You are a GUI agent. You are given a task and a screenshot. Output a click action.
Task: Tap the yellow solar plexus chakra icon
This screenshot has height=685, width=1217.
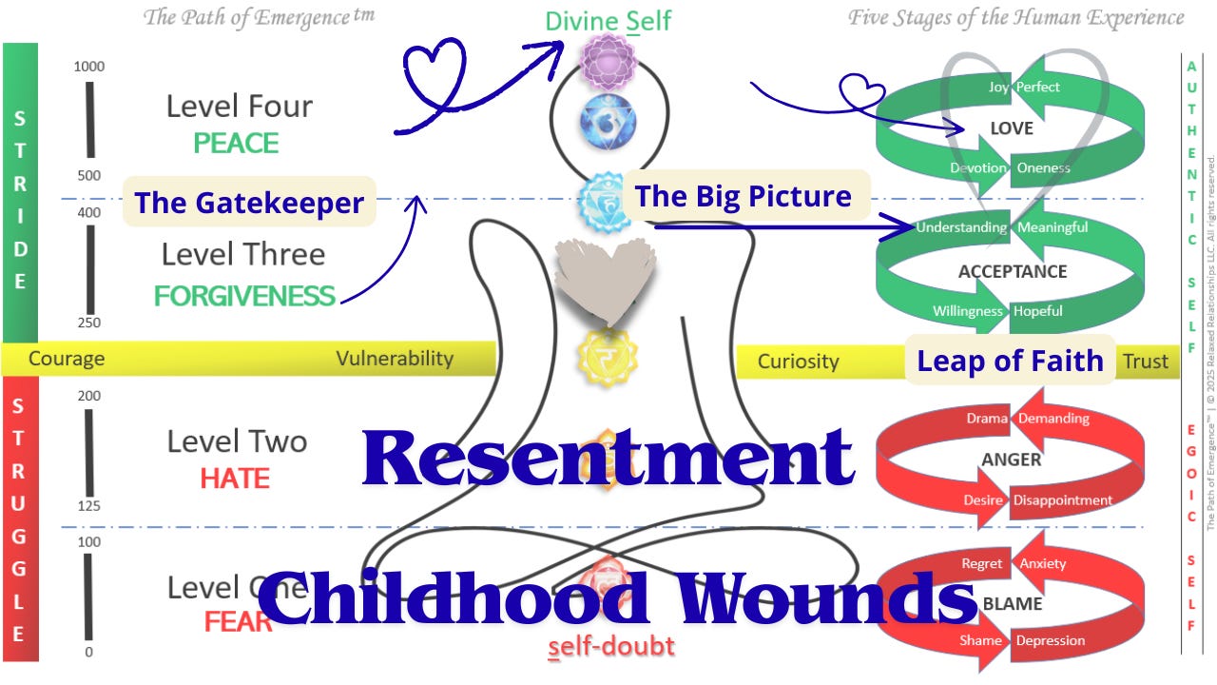tap(608, 357)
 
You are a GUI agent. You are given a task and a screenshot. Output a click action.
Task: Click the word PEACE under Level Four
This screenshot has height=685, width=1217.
tap(236, 144)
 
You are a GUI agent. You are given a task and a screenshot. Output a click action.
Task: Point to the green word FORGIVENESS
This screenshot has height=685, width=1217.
tap(244, 296)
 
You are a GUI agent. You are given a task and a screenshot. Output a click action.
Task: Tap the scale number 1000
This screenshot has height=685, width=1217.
tap(88, 67)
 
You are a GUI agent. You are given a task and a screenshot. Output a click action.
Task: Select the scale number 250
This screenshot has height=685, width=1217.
tap(88, 323)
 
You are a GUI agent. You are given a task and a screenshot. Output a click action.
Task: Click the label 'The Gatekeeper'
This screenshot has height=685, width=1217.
tap(249, 203)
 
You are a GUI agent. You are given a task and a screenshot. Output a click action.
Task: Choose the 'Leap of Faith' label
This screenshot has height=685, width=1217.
tap(1009, 361)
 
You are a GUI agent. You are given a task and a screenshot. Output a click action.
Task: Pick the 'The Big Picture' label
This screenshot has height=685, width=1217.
tap(743, 196)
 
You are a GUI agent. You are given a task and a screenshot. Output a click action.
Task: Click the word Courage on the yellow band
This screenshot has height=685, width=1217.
tap(67, 359)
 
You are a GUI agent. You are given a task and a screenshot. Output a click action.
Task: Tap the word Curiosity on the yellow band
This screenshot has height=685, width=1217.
tap(798, 362)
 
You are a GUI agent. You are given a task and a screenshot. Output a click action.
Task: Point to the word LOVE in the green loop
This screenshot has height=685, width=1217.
tap(1011, 128)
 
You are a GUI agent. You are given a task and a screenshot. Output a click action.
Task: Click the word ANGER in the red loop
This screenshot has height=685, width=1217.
tap(1011, 460)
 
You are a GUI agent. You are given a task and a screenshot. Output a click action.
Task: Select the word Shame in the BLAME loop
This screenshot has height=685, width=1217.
tap(980, 640)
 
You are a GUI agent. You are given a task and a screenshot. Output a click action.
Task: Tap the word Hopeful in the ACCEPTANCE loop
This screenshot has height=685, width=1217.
tap(1037, 311)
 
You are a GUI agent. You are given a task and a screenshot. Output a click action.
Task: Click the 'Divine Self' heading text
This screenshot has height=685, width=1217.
tap(608, 20)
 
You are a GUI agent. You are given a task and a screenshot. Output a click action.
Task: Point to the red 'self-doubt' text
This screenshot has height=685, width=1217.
tap(611, 647)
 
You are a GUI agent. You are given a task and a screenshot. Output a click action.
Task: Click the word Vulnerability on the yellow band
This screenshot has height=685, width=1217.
tap(395, 359)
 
